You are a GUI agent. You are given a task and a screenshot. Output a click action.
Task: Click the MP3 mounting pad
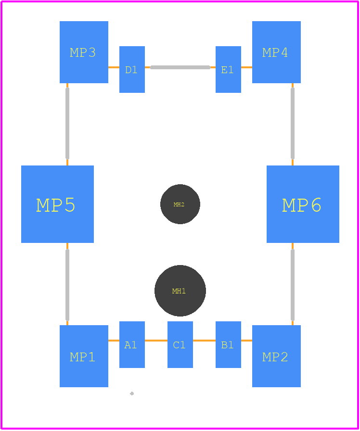click(84, 52)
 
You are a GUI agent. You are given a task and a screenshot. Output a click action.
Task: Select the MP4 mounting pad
click(276, 52)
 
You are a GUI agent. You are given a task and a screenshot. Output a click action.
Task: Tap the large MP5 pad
click(57, 204)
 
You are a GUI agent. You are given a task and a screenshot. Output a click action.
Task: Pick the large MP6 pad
click(303, 204)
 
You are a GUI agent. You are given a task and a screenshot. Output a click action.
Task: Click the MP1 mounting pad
click(84, 356)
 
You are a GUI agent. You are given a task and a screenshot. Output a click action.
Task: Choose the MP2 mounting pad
click(276, 356)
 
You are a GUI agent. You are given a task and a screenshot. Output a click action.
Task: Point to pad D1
click(132, 70)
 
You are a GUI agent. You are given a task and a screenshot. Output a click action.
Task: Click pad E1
click(228, 70)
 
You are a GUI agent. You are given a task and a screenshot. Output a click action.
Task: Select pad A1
click(132, 344)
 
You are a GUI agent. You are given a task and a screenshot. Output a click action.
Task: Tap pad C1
click(180, 344)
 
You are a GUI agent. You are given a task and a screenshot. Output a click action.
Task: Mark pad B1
click(228, 344)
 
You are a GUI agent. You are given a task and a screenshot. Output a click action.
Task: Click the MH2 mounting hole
click(180, 204)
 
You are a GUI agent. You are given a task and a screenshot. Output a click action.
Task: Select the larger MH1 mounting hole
click(180, 291)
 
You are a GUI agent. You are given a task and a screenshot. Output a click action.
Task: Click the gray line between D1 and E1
click(180, 67)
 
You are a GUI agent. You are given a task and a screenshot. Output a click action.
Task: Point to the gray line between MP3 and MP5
click(67, 124)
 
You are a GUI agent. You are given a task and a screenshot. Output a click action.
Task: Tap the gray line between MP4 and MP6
click(293, 124)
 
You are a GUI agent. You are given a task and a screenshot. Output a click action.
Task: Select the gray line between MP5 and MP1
click(67, 285)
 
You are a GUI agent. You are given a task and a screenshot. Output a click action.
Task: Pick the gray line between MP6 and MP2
click(293, 285)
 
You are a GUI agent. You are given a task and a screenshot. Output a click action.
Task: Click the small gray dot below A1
click(132, 393)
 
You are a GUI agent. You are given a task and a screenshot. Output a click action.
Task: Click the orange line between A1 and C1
click(156, 341)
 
